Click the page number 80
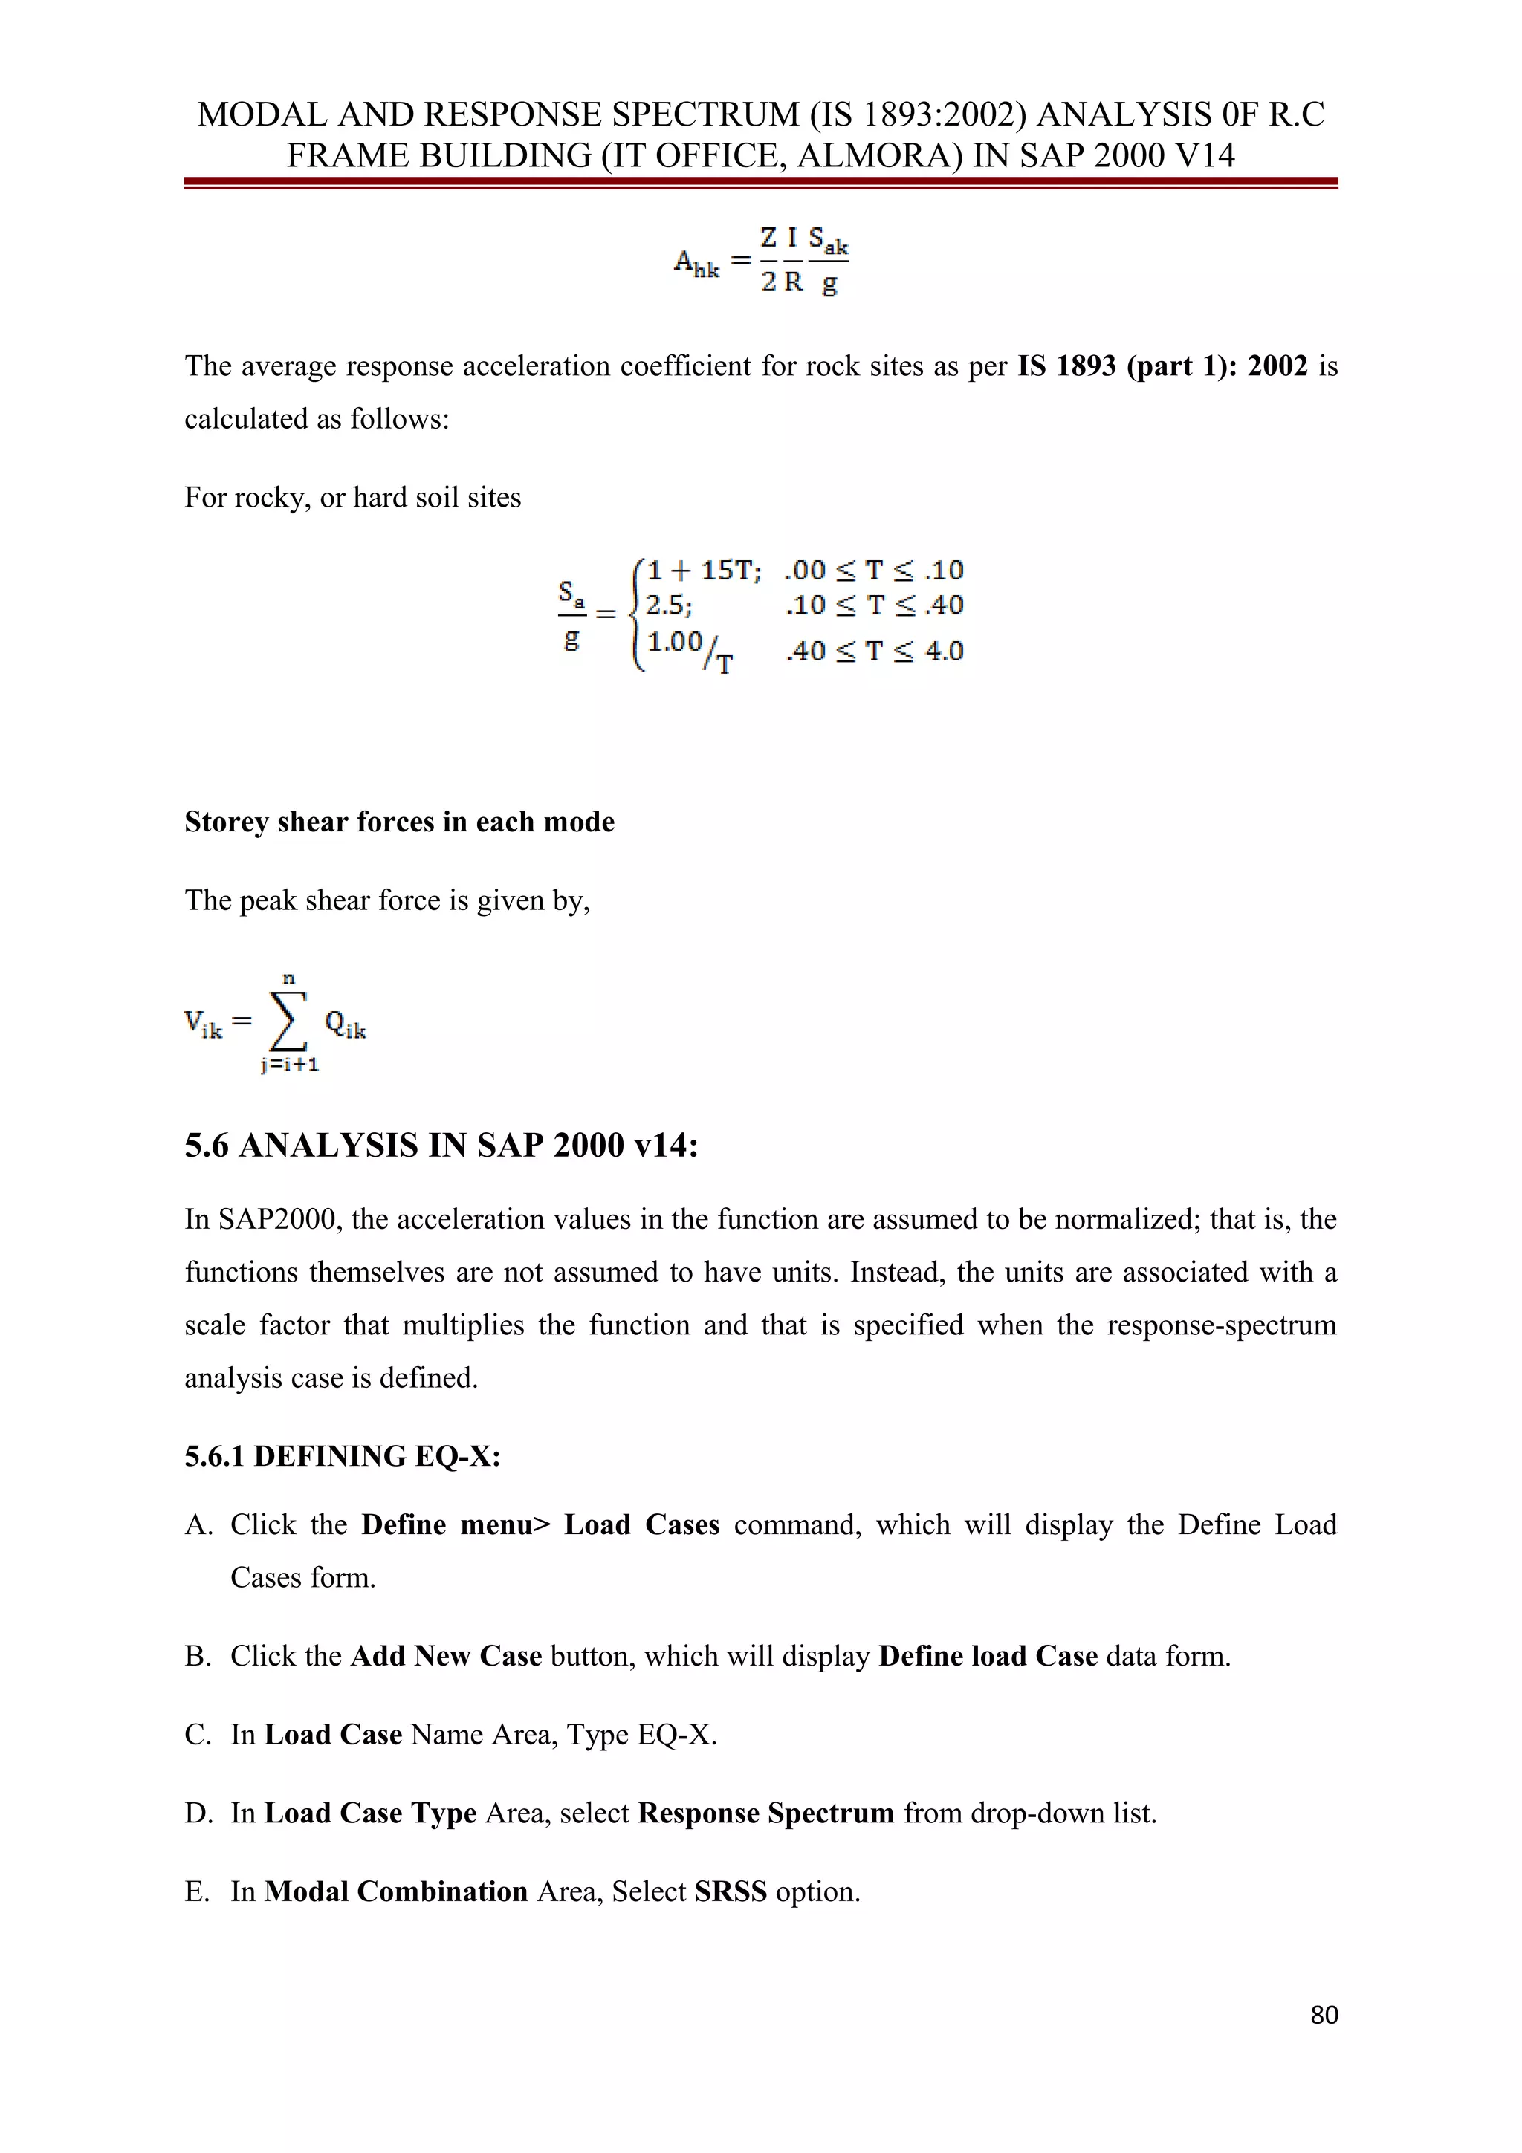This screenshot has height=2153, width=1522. [x=1323, y=2014]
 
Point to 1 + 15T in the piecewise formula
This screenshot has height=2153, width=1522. [x=702, y=570]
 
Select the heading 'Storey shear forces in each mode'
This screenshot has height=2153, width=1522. [x=400, y=822]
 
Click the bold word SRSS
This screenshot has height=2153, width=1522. [x=731, y=1891]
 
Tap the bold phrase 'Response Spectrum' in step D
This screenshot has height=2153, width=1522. [x=765, y=1813]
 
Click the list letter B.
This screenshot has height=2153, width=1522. [x=197, y=1656]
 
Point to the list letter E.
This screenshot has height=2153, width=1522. [x=197, y=1891]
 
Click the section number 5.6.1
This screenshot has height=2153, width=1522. [x=215, y=1456]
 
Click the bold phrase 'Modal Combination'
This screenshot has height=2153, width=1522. [x=396, y=1891]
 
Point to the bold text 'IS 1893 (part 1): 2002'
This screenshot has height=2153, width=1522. [x=1162, y=365]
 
